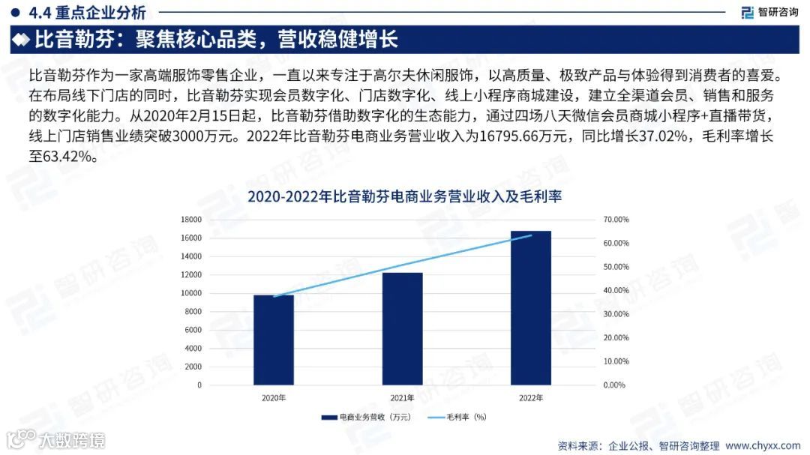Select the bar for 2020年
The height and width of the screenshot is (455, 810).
click(273, 340)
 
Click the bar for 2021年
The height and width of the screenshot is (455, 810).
click(402, 329)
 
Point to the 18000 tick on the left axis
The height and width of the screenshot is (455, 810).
click(191, 220)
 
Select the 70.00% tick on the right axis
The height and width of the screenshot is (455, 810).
click(616, 220)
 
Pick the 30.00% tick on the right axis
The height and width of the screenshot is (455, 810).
click(616, 314)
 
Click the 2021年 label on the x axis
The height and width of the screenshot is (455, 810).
click(402, 398)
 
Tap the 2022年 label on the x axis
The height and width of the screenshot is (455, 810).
click(530, 398)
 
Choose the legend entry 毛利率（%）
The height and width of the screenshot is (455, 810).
click(457, 418)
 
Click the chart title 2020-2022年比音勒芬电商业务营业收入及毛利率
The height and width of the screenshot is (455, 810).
click(404, 196)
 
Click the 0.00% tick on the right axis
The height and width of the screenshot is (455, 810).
click(616, 385)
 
